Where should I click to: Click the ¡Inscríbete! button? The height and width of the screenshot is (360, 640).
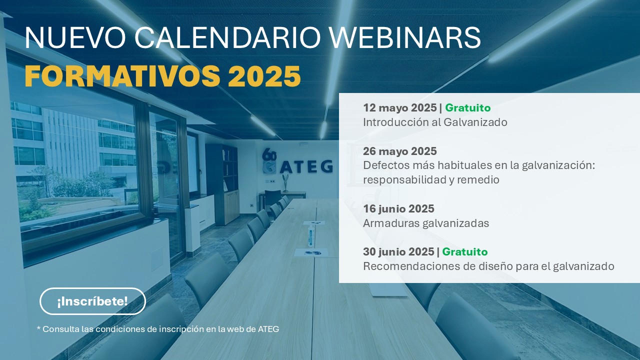coord(92,301)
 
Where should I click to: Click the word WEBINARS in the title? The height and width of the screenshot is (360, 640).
coord(405,37)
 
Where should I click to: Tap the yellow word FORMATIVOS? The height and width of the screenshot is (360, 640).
coord(122,75)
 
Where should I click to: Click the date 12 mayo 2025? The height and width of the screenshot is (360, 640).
coord(399,107)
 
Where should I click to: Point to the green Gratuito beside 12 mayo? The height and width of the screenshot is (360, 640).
coord(467,107)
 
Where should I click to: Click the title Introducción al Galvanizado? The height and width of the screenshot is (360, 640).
coord(435,122)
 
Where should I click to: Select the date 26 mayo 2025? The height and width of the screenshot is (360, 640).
coord(399,151)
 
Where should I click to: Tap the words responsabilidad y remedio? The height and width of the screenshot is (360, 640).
coord(431,179)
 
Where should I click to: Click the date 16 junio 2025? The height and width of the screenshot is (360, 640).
coord(398,208)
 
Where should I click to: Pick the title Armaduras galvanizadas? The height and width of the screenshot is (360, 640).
coord(426,223)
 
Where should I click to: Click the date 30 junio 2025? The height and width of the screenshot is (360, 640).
coord(398,251)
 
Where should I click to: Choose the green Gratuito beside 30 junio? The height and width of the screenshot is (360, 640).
coord(465,251)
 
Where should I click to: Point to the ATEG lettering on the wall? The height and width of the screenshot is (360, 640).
coord(306,166)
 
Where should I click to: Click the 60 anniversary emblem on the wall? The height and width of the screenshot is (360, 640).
coord(269,161)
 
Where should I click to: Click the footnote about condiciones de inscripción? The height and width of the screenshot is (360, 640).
coord(158,329)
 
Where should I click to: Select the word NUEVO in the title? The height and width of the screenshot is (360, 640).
coord(75,37)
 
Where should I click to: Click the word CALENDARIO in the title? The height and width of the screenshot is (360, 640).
coord(227,37)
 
